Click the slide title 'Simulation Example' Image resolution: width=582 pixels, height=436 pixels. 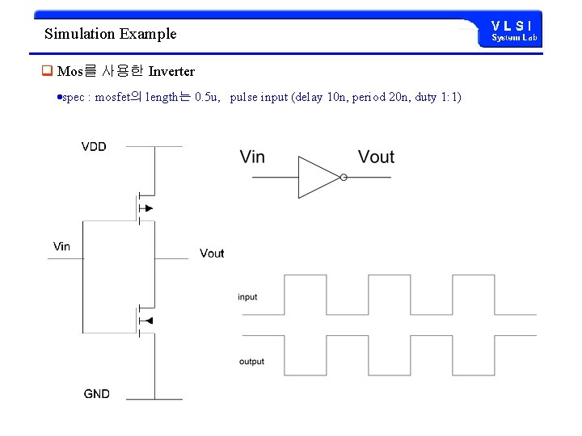110,34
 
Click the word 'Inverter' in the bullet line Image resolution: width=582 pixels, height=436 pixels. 171,72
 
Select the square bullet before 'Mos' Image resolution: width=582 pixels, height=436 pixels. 47,72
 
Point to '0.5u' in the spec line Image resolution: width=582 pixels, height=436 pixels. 207,98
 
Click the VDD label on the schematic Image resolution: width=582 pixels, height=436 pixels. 94,147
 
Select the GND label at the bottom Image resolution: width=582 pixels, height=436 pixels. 96,394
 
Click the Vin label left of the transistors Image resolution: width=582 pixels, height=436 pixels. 61,246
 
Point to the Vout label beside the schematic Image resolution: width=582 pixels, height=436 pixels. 212,254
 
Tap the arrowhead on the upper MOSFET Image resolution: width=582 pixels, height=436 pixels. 147,208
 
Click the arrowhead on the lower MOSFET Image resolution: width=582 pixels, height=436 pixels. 147,321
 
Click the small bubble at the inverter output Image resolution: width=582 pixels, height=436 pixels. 344,178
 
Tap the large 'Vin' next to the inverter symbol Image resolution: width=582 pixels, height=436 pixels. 252,157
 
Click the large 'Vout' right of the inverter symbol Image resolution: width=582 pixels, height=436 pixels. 376,157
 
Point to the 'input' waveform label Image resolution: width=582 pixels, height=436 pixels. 248,297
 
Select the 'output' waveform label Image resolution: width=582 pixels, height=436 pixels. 251,361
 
